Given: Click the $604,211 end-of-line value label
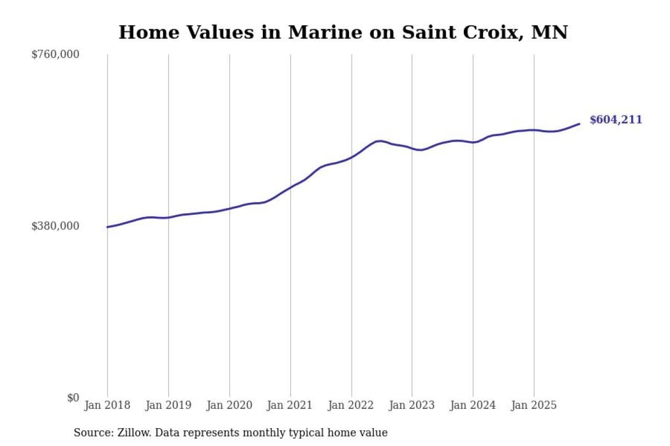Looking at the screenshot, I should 616,120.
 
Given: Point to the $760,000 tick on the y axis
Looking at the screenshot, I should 55,54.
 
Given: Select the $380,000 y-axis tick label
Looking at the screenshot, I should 55,226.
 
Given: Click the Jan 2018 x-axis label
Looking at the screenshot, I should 107,405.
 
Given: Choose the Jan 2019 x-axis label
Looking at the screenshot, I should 168,405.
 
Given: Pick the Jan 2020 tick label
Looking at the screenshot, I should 229,405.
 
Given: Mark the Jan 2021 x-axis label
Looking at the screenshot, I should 290,405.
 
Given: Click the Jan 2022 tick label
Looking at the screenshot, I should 351,405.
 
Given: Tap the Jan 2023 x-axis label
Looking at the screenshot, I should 412,405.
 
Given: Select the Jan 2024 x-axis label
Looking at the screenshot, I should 473,405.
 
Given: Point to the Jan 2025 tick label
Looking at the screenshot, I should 534,405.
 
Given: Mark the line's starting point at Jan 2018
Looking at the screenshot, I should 107,227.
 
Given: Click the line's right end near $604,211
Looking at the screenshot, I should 579,124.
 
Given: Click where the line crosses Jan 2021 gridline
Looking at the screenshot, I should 291,187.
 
